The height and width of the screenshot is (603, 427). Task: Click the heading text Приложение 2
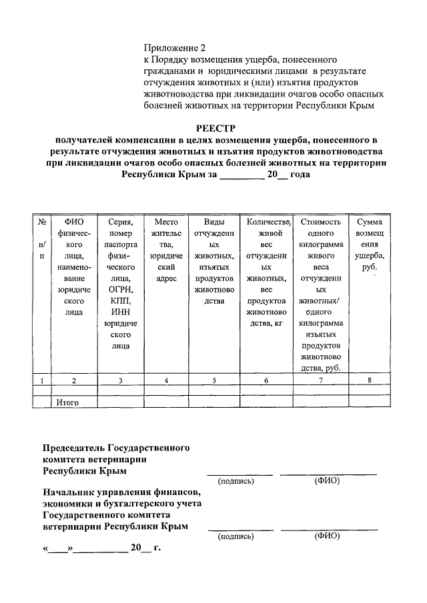(x=175, y=48)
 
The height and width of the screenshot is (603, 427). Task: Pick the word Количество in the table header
(x=267, y=222)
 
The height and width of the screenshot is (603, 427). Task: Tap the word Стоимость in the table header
(x=321, y=222)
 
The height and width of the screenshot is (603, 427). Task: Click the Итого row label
(x=67, y=402)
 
